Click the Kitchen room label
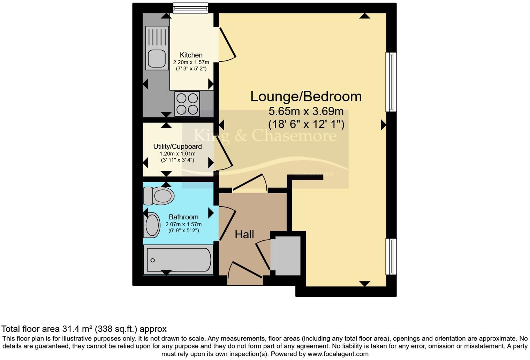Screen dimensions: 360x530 pos(191,55)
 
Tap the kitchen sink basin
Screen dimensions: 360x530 pos(157,59)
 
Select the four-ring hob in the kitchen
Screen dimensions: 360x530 pos(187,104)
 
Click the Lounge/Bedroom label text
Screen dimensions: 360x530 pos(306,97)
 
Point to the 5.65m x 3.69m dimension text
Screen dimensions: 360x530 pos(306,112)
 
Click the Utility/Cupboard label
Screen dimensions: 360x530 pos(177,147)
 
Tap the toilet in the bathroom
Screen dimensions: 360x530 pos(159,196)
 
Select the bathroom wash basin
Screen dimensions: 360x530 pos(152,226)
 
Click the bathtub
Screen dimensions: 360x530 pos(178,260)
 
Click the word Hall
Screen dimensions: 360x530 pos(244,234)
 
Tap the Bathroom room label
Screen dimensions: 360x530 pos(183,217)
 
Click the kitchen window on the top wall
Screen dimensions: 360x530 pos(190,8)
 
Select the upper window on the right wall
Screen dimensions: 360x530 pos(391,82)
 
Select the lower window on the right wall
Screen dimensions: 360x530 pos(391,256)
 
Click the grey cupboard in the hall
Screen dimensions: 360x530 pos(287,255)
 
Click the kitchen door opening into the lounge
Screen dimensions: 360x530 pos(227,44)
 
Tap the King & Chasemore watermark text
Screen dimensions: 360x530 pos(265,135)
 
